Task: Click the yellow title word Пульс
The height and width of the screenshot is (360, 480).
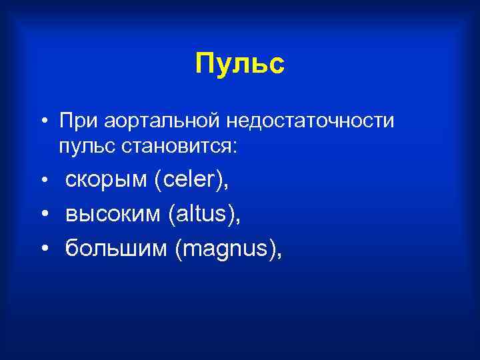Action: tap(240, 64)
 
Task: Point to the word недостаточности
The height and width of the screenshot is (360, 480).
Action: tap(310, 121)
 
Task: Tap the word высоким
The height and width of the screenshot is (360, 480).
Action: tap(113, 215)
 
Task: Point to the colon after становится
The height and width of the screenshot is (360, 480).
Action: tap(233, 148)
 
